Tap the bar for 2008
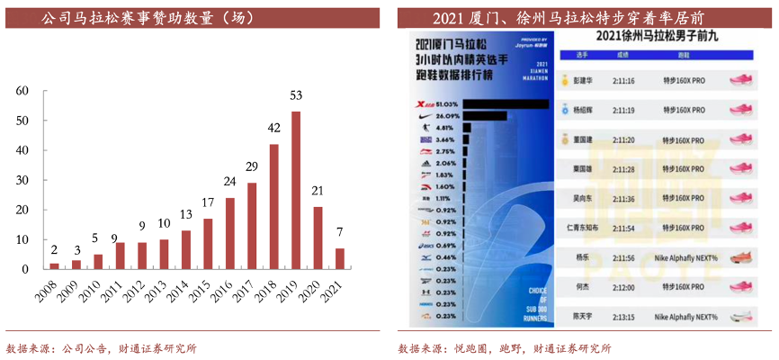(x=54, y=265)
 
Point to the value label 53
(x=296, y=94)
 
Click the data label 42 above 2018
(x=273, y=128)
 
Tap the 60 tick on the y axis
(x=22, y=90)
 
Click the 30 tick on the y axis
(x=22, y=180)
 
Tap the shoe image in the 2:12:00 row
(x=741, y=287)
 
